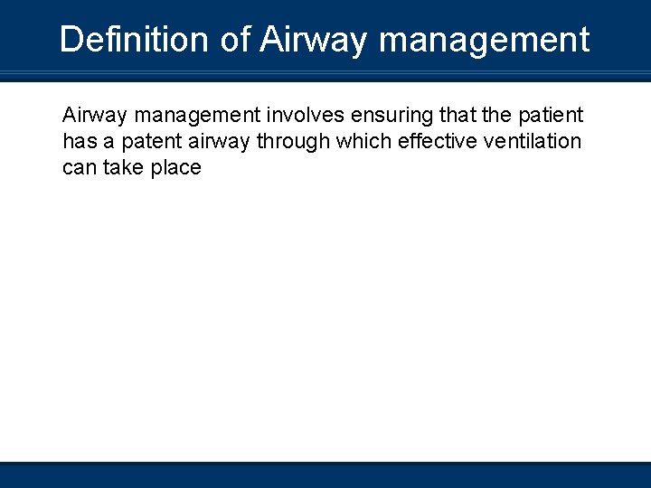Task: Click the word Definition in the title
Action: click(133, 40)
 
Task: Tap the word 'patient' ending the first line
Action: click(550, 116)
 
